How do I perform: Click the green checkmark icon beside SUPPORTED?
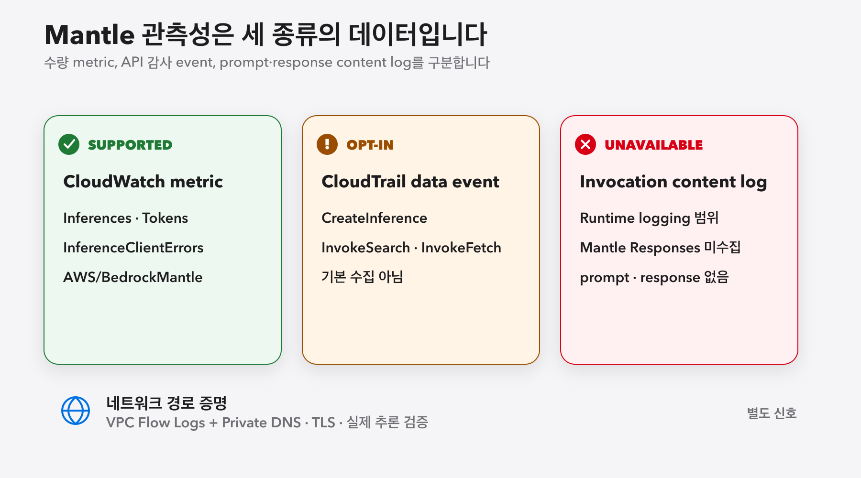coord(69,144)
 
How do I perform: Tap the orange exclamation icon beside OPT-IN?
coord(327,144)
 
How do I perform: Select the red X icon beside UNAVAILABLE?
coord(585,144)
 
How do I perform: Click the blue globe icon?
coord(76,411)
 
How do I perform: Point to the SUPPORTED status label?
coord(130,145)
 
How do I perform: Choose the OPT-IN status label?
coord(370,145)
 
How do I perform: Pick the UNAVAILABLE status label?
coord(653,145)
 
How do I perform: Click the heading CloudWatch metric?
coord(143,182)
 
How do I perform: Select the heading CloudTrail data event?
coord(410,182)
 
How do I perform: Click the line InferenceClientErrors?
coord(133,248)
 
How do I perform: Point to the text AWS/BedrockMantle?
coord(133,277)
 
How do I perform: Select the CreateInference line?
coord(375,218)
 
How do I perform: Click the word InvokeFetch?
coord(461,248)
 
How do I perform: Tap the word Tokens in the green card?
coord(165,218)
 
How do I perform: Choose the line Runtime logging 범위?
coord(649,218)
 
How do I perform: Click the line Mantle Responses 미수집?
coord(660,248)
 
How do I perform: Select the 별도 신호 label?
coord(772,413)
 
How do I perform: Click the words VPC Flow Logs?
coord(155,423)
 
